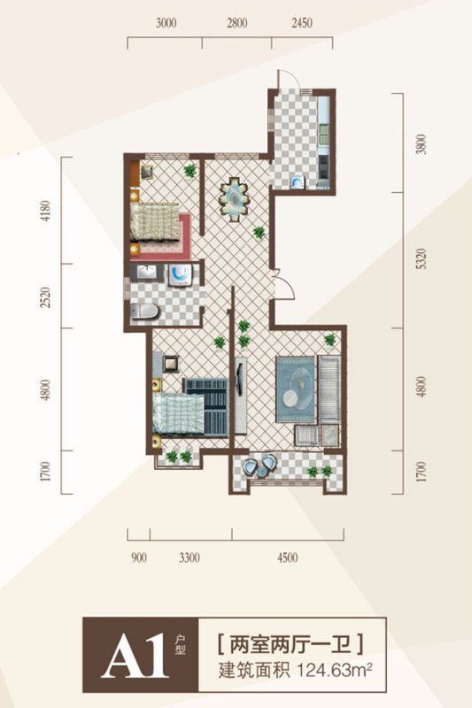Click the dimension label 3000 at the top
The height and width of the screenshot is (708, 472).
coord(166,23)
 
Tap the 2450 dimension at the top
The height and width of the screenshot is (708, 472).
coord(302,23)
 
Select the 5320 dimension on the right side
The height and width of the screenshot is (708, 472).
coord(421,260)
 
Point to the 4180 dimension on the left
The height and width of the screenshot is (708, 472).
coord(46,211)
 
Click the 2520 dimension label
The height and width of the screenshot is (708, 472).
coord(46,296)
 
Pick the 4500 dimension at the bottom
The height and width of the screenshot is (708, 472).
coord(288,558)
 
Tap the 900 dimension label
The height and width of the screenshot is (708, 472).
coord(139,558)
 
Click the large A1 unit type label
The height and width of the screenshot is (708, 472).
coord(135,654)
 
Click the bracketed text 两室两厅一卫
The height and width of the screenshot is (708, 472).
coord(291,644)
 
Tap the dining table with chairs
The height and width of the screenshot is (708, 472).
coord(234,198)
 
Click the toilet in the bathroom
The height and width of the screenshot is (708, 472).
coord(144,312)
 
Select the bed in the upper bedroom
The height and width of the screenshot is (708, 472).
coord(155,222)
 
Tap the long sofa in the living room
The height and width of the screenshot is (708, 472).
coord(329,389)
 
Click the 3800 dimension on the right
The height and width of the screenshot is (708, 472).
coord(421,144)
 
